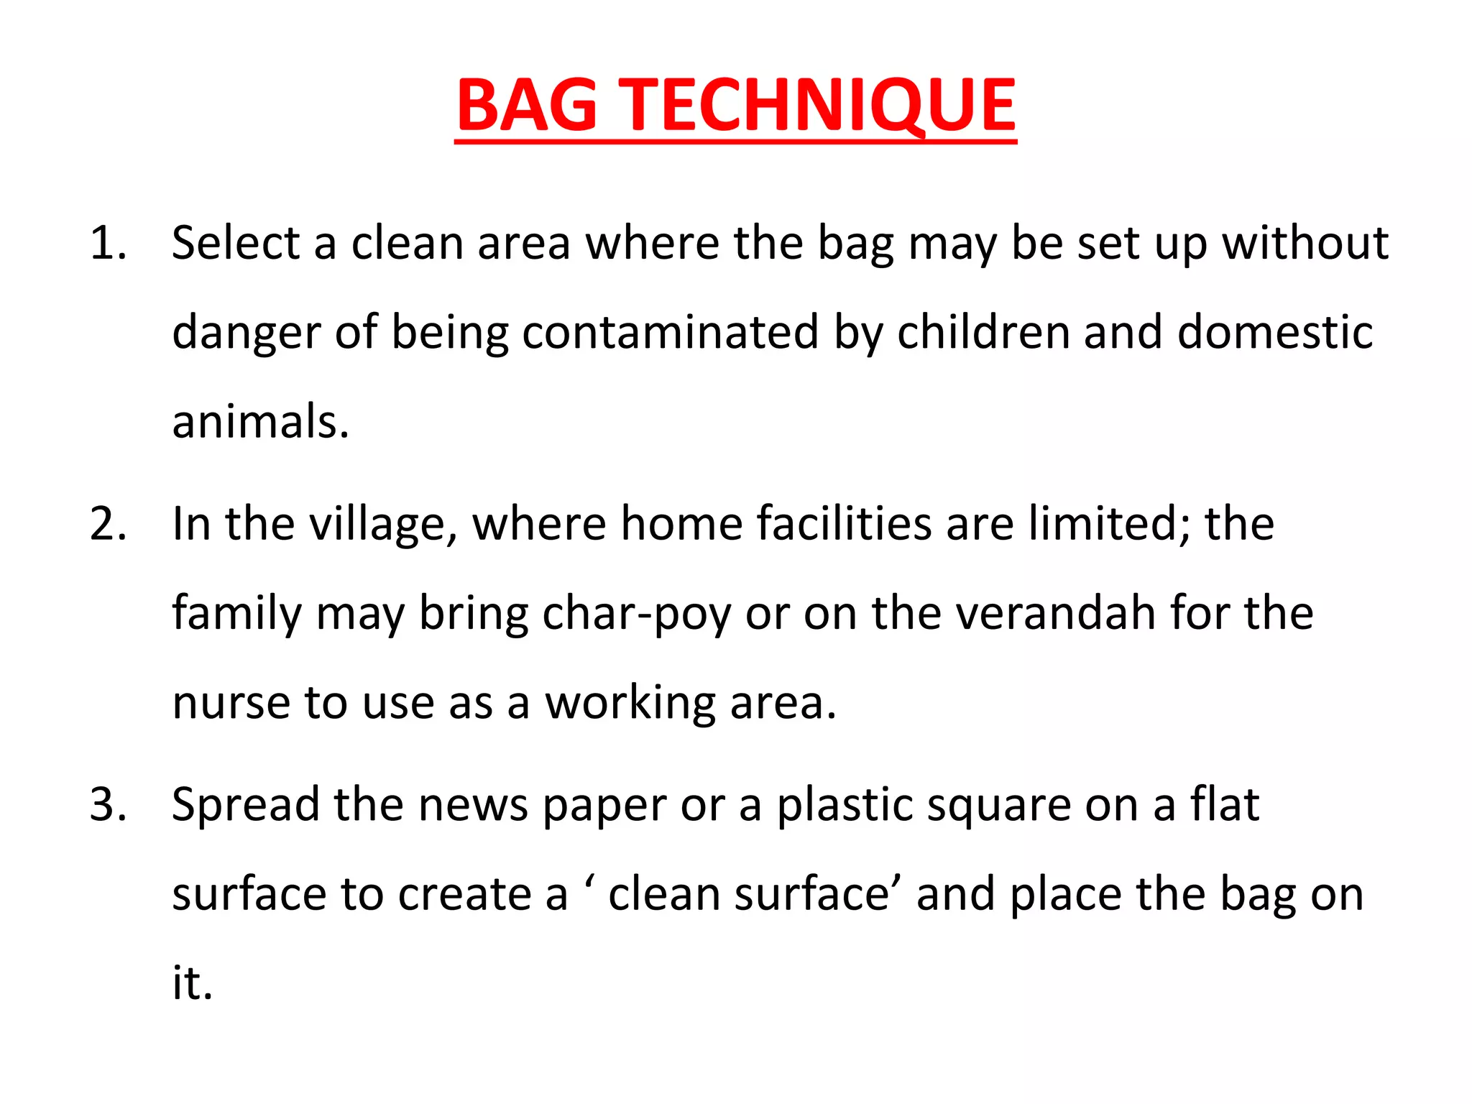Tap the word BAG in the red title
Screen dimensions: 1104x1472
(x=527, y=106)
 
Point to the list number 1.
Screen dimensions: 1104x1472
(x=107, y=243)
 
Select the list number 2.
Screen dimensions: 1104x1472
(x=109, y=523)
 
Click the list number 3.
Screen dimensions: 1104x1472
(x=109, y=804)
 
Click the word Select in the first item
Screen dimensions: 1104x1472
(x=236, y=243)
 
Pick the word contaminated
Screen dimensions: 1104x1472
(x=670, y=332)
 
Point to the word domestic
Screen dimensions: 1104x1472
(x=1275, y=332)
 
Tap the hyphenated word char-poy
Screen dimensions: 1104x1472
(x=636, y=615)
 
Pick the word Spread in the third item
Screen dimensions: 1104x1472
(x=245, y=806)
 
